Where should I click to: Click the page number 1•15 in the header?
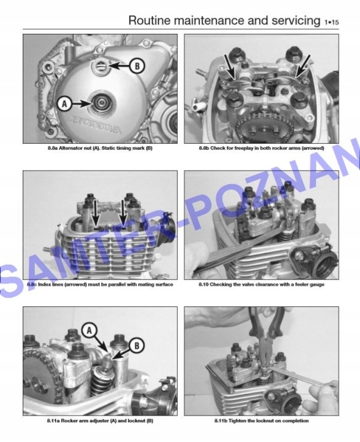point(331,22)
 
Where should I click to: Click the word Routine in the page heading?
point(149,20)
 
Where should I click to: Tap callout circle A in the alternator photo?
point(65,104)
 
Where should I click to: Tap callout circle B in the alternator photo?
point(137,66)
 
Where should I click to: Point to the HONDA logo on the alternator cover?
point(95,124)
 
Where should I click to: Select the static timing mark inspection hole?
point(101,66)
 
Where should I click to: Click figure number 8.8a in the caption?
point(52,148)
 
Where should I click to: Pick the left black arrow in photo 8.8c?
point(96,214)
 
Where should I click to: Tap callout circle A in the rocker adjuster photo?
point(90,330)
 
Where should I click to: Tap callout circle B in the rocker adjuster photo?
point(137,346)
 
